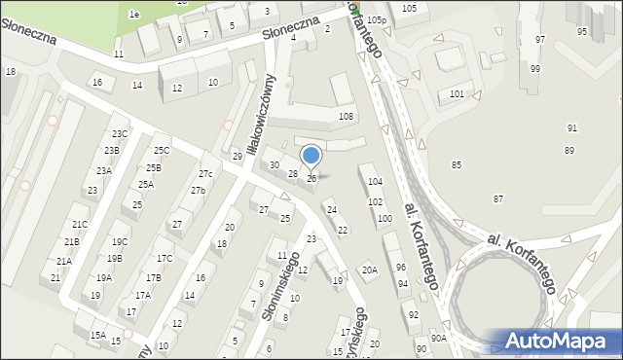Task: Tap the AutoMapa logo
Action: tap(561, 341)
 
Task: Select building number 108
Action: tap(345, 117)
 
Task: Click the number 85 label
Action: tap(456, 165)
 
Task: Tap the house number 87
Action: tap(498, 198)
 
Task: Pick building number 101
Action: tap(457, 94)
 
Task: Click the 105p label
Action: tap(377, 19)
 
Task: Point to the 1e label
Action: tap(135, 14)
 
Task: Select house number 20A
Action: tap(369, 270)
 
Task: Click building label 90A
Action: tap(439, 338)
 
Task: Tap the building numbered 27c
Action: tap(205, 174)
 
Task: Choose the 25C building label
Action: tap(162, 150)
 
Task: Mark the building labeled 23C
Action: tap(119, 134)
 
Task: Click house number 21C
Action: tap(80, 225)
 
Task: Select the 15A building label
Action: tap(97, 335)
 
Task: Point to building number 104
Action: tap(375, 182)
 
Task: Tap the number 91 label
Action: tap(571, 128)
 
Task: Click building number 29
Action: tap(237, 157)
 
